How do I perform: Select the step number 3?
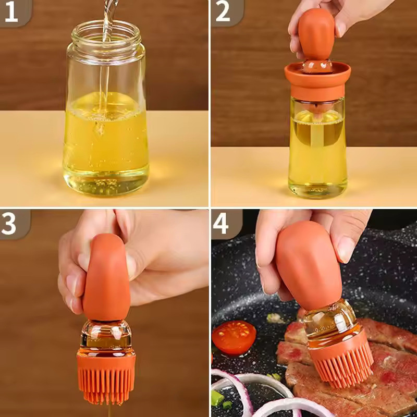pos(11,223)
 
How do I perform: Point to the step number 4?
pos(222,223)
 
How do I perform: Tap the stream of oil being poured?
pos(106,63)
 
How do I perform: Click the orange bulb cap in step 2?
pos(317,31)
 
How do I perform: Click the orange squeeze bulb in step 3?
pos(107,276)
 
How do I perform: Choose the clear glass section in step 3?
pos(106,334)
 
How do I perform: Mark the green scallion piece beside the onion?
pos(217,399)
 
